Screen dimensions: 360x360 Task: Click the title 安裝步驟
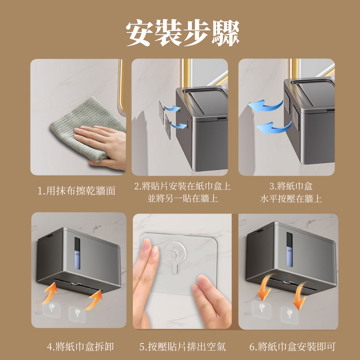(183, 33)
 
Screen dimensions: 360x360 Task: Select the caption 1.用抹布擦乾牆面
(76, 191)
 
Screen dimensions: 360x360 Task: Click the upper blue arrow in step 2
(172, 108)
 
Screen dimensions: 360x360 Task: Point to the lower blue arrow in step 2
(179, 125)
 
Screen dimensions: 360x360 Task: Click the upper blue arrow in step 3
(265, 106)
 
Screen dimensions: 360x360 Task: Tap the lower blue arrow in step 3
(274, 128)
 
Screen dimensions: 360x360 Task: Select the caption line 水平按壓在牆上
(291, 199)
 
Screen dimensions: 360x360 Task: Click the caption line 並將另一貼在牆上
(183, 199)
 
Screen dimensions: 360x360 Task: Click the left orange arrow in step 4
(49, 293)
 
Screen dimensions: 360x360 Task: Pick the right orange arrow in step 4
(93, 300)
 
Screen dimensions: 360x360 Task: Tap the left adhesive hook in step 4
(52, 310)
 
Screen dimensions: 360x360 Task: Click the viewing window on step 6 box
(289, 249)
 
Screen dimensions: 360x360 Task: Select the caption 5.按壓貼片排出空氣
(183, 346)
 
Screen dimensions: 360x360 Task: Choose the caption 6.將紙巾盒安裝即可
(292, 346)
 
